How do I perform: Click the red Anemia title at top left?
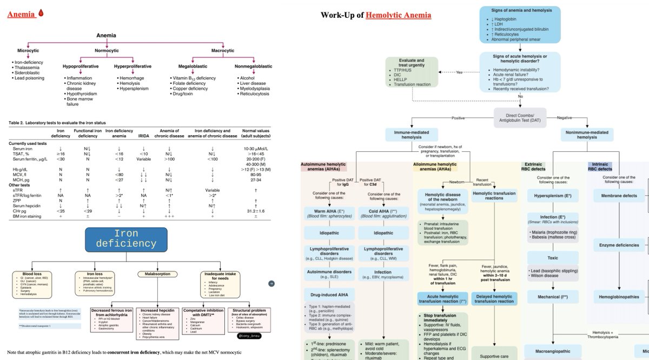click(x=21, y=14)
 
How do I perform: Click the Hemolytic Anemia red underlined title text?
click(x=398, y=14)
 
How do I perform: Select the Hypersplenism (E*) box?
click(x=554, y=195)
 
